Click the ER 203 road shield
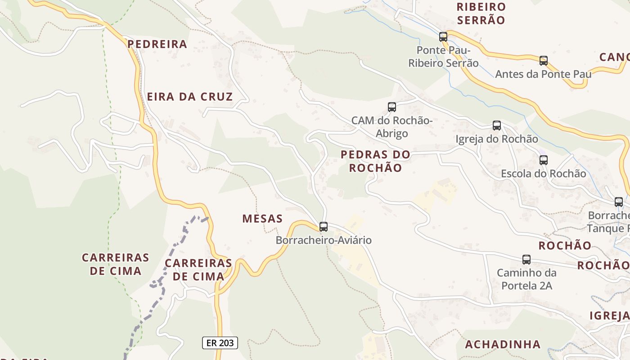pos(220,343)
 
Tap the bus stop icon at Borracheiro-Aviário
pos(324,227)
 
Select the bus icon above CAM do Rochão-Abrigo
pos(392,107)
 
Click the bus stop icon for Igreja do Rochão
pos(497,126)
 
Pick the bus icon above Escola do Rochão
pos(544,160)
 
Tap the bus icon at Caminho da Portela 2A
pos(526,260)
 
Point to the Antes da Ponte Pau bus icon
pos(544,61)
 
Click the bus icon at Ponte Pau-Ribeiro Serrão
pos(443,37)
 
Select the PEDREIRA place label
pos(157,44)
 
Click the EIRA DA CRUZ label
pos(190,97)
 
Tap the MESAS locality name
pos(262,219)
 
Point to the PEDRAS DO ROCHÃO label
pos(375,161)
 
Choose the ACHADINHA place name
pos(503,345)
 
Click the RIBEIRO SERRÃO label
pos(481,13)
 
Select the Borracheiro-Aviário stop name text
pos(324,240)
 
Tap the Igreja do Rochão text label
pos(497,139)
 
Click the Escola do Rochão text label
pos(544,174)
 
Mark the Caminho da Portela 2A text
pos(526,279)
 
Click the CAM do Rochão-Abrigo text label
pos(392,127)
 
